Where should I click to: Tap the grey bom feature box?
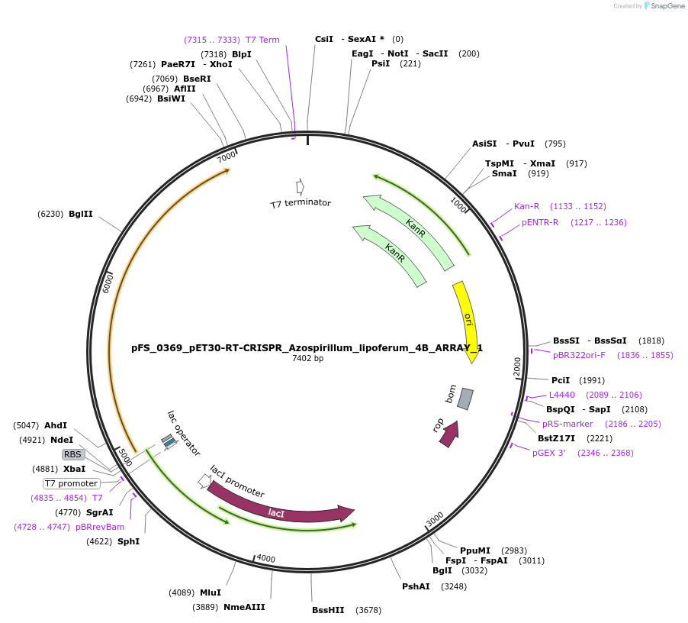point(465,399)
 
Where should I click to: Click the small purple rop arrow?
point(449,433)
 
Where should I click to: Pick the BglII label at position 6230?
point(80,214)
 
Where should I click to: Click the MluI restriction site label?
point(210,592)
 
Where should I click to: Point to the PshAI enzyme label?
point(416,586)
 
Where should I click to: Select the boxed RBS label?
point(72,454)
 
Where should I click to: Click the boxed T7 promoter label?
point(72,483)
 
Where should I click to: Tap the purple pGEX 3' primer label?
point(549,453)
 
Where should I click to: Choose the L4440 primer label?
point(562,395)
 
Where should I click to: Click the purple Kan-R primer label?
point(526,206)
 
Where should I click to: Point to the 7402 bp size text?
point(307,358)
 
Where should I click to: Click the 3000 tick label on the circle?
point(435,519)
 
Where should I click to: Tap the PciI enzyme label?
point(561,380)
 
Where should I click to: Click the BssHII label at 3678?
point(328,610)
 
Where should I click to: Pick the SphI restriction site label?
point(128,541)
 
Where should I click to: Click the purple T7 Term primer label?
point(262,40)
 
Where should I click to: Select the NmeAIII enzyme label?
point(244,607)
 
